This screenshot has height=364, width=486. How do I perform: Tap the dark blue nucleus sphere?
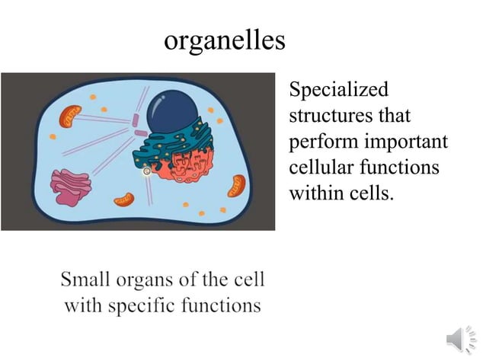[x=171, y=110]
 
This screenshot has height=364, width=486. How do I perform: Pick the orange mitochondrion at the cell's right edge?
[x=238, y=185]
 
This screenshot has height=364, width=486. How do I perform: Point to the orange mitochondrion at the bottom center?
[x=123, y=200]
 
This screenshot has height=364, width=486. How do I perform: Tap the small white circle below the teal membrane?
[x=147, y=172]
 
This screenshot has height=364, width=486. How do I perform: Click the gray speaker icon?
[x=459, y=337]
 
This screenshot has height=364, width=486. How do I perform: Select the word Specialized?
[x=338, y=90]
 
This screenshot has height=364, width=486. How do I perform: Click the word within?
[x=315, y=193]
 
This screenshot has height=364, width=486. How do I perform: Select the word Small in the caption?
[x=85, y=279]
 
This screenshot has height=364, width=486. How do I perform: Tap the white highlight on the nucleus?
[x=161, y=98]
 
